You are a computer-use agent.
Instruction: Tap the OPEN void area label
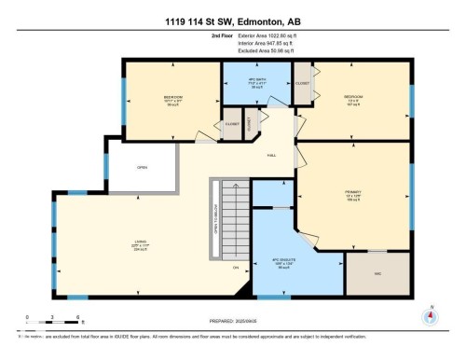(142, 168)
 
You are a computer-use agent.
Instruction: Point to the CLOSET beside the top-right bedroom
(303, 83)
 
